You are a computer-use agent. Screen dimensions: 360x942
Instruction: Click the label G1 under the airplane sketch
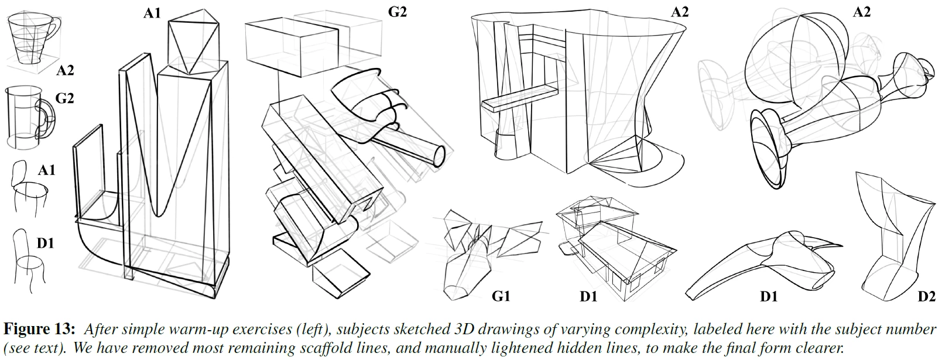[501, 297]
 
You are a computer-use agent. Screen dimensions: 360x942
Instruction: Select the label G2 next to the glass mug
[65, 98]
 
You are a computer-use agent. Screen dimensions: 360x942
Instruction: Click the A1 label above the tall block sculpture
[153, 13]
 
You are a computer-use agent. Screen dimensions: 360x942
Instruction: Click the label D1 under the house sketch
[588, 297]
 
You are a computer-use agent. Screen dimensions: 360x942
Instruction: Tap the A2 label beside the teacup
[65, 71]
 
